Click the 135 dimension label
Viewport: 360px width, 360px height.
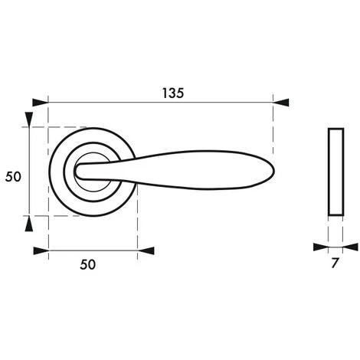click(x=173, y=93)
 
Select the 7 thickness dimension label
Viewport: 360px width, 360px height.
click(x=335, y=263)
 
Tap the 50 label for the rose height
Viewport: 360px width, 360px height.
click(x=13, y=177)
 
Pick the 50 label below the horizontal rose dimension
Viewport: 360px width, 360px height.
click(x=87, y=264)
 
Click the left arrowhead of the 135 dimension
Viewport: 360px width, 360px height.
click(x=41, y=103)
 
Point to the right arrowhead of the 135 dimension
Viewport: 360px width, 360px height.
click(x=281, y=103)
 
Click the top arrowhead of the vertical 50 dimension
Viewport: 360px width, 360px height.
click(x=29, y=119)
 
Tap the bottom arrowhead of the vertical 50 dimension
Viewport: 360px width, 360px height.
click(x=29, y=224)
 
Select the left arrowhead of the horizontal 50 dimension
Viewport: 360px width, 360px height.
click(x=41, y=251)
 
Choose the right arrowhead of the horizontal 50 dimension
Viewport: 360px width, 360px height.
click(x=146, y=251)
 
